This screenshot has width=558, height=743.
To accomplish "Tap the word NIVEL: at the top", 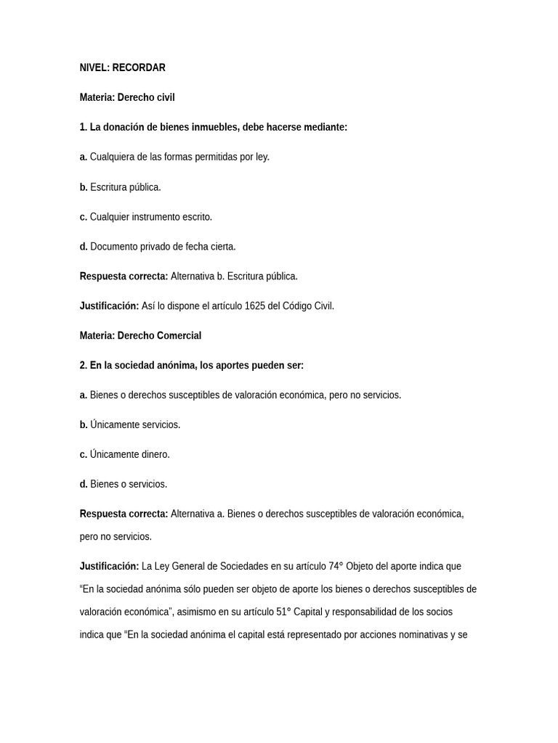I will click(x=94, y=67).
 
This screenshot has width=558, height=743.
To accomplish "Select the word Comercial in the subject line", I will click(x=178, y=335).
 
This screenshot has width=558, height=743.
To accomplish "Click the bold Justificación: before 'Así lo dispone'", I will click(x=109, y=305).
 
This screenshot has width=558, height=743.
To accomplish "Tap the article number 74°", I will click(x=336, y=566).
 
